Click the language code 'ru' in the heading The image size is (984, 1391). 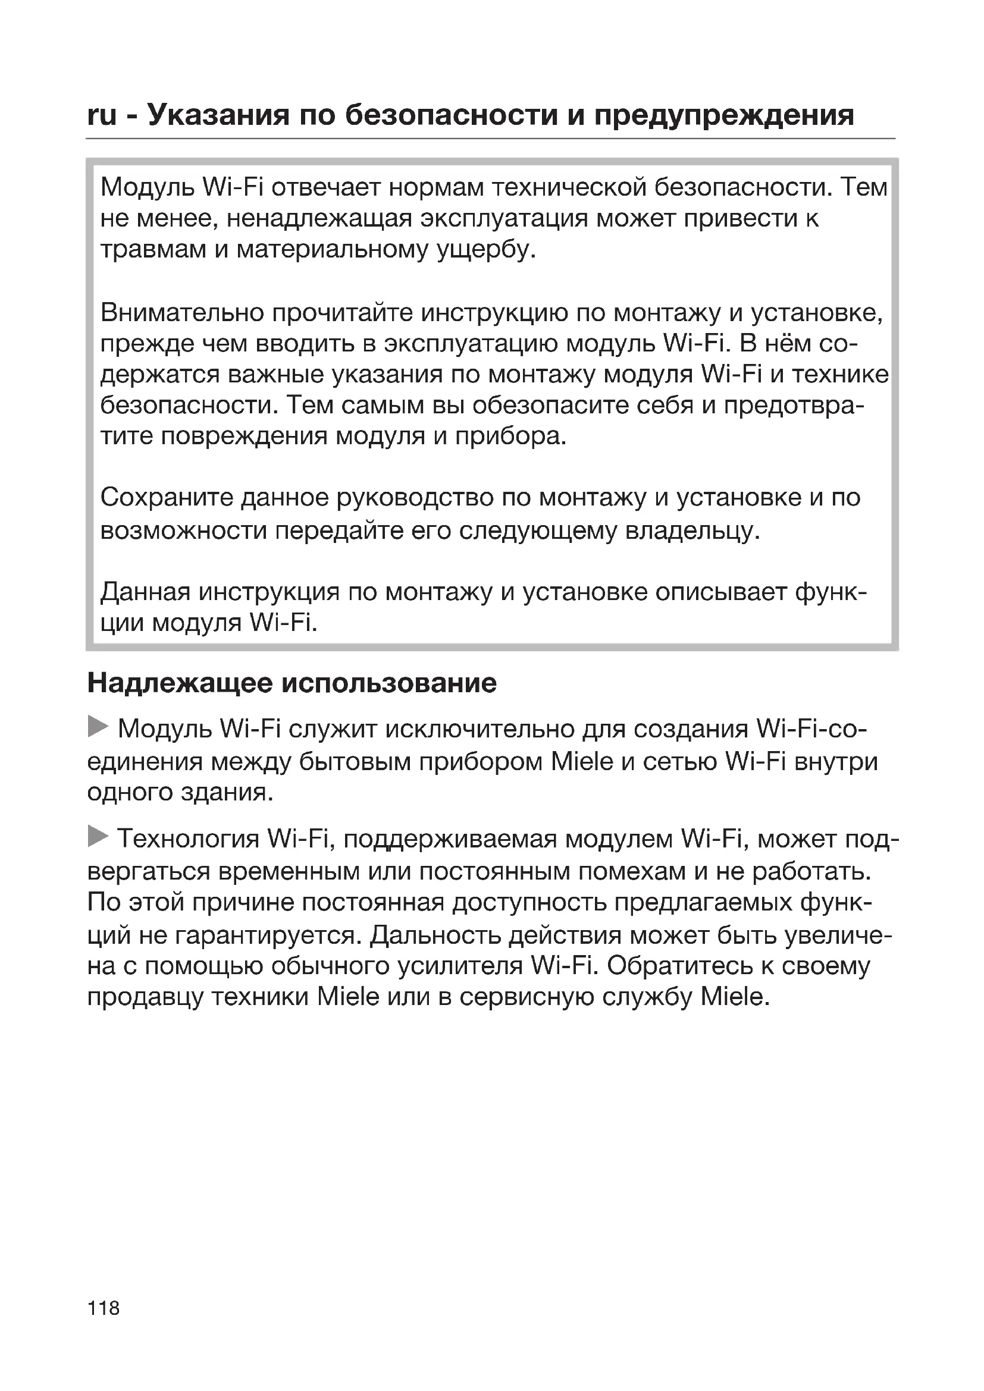coord(102,116)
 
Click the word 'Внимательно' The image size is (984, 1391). coord(182,313)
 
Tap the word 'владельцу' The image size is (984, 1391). coord(691,530)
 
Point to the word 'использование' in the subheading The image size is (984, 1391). coord(389,683)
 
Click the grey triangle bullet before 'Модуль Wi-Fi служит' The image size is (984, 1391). coord(98,726)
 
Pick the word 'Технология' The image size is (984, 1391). coord(188,840)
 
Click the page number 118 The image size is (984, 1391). coord(104,1308)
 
